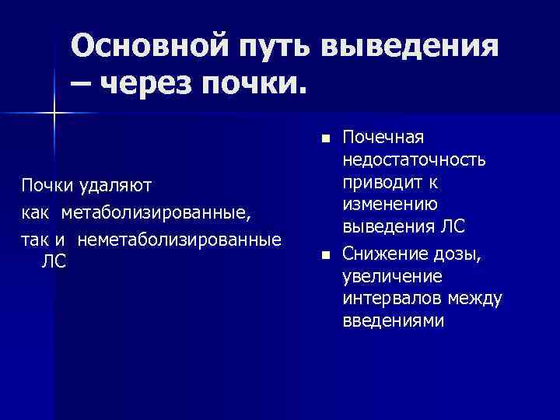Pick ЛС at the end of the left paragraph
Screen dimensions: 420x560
53,262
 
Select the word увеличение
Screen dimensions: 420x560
386,275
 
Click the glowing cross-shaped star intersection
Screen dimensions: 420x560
54,114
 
